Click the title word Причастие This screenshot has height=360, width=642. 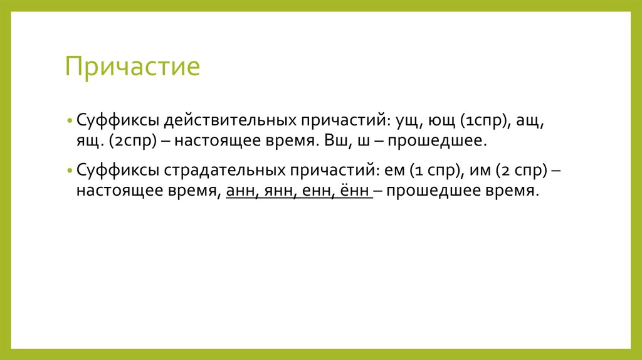132,66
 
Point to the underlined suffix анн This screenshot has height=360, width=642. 238,191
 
